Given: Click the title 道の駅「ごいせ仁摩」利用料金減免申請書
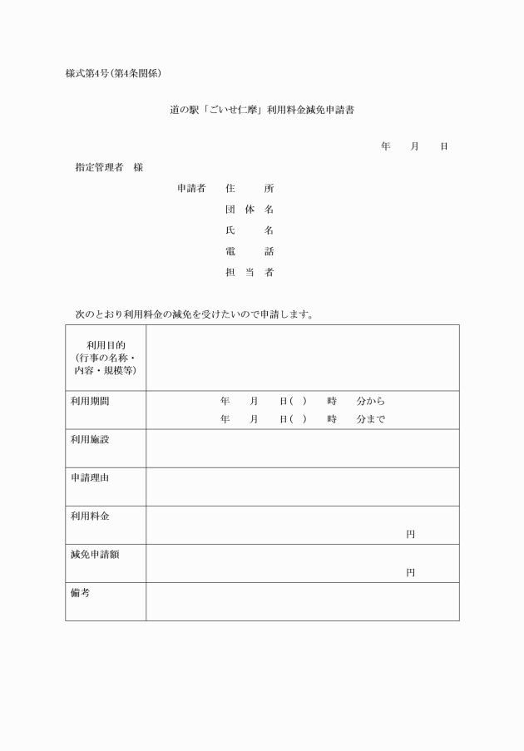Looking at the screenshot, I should [x=262, y=110].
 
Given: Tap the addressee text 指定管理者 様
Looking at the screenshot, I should [x=109, y=167].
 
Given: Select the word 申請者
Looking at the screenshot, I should [x=191, y=189].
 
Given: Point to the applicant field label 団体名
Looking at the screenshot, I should [x=250, y=210].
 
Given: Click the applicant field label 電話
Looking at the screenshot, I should [x=250, y=251].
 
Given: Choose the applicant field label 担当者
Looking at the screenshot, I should [x=250, y=272].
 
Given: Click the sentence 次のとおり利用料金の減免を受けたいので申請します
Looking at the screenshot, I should [x=194, y=314].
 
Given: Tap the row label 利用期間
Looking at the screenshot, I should [x=90, y=401].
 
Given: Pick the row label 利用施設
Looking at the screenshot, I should [x=90, y=439].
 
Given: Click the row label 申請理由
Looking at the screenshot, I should [x=90, y=477].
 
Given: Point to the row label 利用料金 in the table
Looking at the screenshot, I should [x=90, y=516].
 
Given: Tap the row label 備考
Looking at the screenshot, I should [x=80, y=592].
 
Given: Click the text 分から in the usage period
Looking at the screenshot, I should [x=370, y=401].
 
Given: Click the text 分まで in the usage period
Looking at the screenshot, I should [x=370, y=419].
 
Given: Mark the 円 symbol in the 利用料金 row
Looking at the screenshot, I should [x=410, y=534].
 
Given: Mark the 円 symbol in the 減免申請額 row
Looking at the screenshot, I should [x=410, y=572].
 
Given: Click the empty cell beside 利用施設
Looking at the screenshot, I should [x=302, y=448].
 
